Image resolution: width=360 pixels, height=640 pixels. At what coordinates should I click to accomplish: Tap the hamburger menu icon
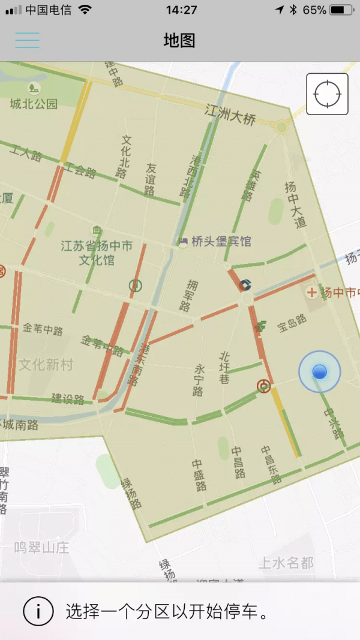[28, 40]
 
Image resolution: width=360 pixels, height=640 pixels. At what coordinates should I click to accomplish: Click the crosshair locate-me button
[327, 94]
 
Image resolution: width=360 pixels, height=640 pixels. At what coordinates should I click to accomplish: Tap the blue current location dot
[319, 372]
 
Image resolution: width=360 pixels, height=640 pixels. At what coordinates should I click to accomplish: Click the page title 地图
[179, 40]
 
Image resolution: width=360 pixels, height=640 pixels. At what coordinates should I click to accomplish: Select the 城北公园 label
[34, 104]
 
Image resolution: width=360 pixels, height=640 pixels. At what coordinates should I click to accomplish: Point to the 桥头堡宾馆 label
[221, 242]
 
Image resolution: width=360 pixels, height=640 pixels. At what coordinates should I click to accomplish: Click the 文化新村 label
[46, 364]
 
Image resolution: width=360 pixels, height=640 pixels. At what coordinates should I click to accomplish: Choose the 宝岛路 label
[292, 323]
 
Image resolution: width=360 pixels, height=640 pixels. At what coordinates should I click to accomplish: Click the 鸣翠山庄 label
[42, 548]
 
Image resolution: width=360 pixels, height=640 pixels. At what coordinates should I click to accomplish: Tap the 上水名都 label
[286, 563]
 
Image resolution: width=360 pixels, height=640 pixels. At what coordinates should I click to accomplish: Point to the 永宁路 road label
[199, 380]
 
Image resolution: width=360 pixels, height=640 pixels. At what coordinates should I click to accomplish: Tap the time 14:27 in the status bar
[181, 10]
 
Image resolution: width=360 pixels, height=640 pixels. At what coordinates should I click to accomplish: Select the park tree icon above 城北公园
[34, 89]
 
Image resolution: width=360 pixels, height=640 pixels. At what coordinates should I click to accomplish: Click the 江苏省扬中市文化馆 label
[97, 253]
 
